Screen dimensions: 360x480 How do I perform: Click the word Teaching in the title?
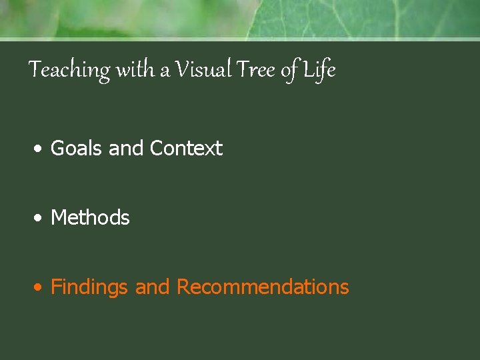click(70, 70)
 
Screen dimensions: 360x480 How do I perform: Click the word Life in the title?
click(319, 70)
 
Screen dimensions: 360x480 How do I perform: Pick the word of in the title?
click(291, 71)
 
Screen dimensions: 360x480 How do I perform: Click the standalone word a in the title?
click(165, 71)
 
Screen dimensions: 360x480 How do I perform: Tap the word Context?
click(186, 148)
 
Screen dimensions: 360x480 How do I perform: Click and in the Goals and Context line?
click(127, 148)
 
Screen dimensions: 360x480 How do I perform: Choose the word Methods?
click(90, 217)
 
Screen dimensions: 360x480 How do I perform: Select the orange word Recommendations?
click(263, 287)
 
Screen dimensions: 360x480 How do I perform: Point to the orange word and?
click(153, 287)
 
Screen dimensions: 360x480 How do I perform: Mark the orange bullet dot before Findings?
click(41, 288)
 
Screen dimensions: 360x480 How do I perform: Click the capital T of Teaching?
click(36, 69)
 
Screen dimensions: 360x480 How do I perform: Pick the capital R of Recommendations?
click(183, 287)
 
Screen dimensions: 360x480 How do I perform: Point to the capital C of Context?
click(157, 148)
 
